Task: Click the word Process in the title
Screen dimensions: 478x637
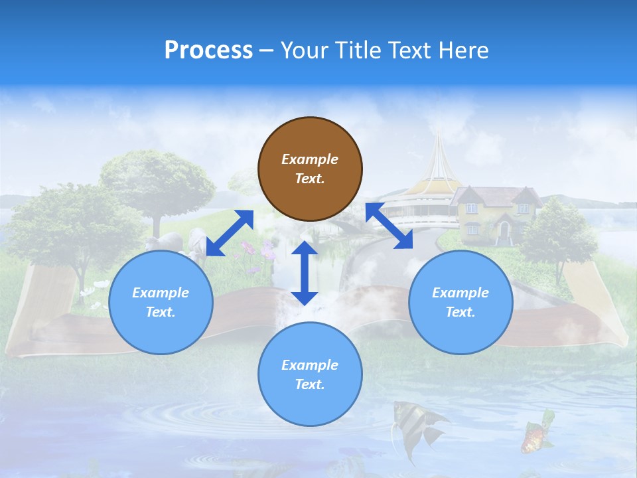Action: coord(208,50)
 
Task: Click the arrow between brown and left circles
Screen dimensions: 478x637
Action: coord(230,232)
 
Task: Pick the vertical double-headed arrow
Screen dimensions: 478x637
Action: coord(305,273)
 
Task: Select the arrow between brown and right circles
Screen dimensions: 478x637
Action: coord(389,226)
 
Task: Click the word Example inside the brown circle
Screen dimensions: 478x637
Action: coord(310,159)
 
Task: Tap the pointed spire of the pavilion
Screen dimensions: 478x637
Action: coord(438,143)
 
